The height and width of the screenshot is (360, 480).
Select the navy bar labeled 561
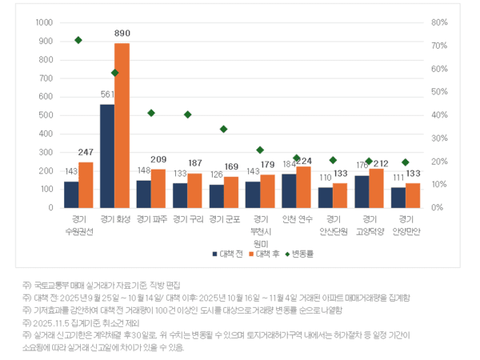107,156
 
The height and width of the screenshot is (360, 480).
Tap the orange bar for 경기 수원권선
86,185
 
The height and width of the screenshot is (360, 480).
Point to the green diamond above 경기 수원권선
78,40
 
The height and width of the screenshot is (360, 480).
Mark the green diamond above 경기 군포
223,129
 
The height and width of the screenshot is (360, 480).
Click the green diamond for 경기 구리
187,114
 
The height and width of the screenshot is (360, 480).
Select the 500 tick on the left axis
47,115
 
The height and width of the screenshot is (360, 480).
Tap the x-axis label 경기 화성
114,218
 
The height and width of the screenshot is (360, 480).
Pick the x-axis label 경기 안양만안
405,225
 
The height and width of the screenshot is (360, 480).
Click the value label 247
86,152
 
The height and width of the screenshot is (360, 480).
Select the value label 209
158,159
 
